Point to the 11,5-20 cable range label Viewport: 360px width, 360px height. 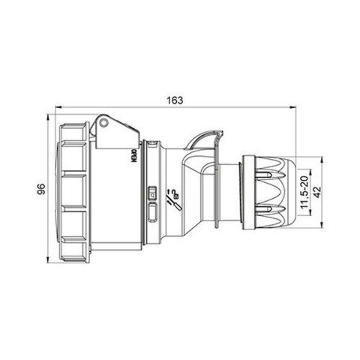(303, 190)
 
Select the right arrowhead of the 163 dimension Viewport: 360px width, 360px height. (297, 106)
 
